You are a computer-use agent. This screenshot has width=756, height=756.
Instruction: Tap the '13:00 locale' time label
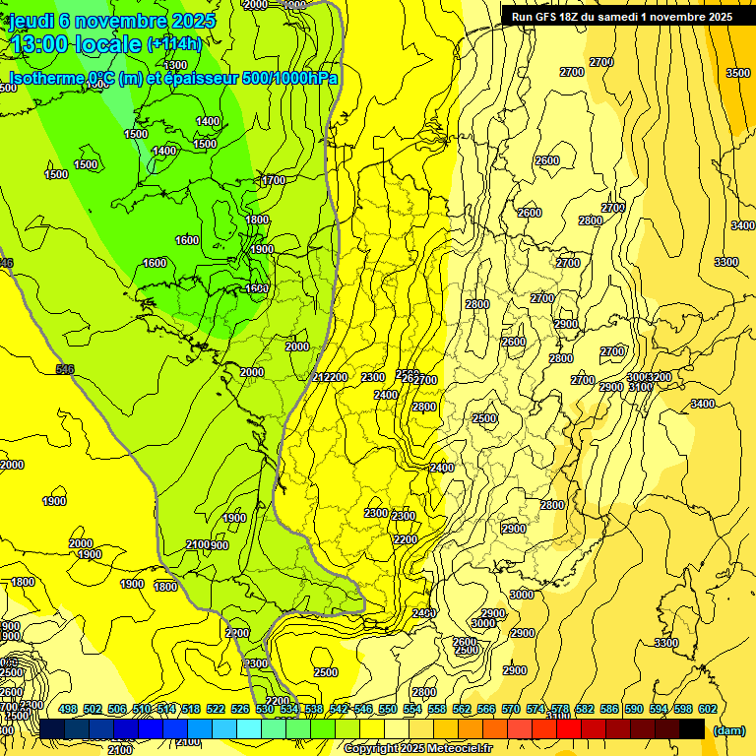point(75,44)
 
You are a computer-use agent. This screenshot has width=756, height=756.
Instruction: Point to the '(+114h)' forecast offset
point(174,44)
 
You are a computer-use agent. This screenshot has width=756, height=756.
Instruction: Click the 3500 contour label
point(738,73)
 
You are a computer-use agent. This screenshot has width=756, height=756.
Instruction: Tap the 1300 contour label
point(176,65)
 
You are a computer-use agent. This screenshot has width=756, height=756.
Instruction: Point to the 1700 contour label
point(274,180)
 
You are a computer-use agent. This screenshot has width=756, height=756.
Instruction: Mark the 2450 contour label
point(424,613)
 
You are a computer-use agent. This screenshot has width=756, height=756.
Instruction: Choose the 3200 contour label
point(660,377)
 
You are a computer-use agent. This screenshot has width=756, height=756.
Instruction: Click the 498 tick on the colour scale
point(68,709)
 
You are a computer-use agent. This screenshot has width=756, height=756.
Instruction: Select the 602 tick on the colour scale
point(707,709)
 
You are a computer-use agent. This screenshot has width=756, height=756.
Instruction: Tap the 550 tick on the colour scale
point(388,709)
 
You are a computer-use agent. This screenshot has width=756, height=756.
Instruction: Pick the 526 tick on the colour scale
point(240,709)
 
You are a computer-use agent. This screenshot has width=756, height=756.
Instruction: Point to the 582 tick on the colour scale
point(585,709)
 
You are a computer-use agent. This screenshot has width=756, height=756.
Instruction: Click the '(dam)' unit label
point(728,729)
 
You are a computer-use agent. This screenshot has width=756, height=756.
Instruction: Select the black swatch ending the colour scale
point(692,728)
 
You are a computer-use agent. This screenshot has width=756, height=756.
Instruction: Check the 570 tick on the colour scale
point(511,709)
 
